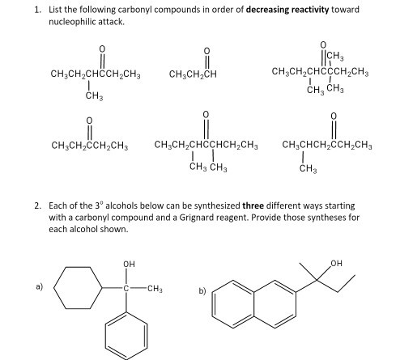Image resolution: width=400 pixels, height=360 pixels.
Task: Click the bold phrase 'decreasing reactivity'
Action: point(287,10)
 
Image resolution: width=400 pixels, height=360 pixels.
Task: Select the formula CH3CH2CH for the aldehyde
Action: point(193,74)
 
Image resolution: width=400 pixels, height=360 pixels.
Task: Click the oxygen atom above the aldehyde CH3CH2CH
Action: point(206,51)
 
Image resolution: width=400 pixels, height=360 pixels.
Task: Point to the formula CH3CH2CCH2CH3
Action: point(90,146)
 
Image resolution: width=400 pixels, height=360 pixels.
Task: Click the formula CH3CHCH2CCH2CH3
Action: point(327,146)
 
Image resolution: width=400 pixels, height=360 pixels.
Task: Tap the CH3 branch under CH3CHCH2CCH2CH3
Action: point(308,169)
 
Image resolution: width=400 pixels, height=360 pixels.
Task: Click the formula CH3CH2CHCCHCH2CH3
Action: point(206,146)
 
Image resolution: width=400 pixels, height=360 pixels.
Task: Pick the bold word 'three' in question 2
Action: point(253,205)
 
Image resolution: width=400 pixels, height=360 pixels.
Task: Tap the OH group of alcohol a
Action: point(129,264)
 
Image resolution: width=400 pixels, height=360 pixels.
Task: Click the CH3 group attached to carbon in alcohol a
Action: point(155,289)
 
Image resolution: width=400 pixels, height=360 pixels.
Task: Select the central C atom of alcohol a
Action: point(126,289)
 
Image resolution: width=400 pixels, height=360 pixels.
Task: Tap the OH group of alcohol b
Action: point(336,263)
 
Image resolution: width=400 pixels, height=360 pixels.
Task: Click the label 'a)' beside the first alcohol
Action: point(40,286)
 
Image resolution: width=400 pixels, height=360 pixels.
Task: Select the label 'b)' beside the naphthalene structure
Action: point(202,291)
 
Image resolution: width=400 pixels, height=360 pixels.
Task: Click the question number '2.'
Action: point(38,205)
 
